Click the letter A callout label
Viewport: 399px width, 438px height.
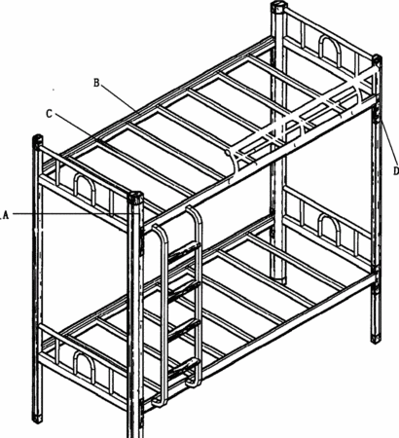(x=6, y=215)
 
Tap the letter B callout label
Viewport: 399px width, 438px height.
(x=96, y=83)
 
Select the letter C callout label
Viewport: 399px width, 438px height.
(x=49, y=114)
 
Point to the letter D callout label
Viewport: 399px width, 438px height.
(x=396, y=170)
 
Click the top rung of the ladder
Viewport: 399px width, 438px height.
(x=183, y=250)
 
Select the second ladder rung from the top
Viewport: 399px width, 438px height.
(x=184, y=288)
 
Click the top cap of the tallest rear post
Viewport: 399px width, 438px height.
(x=279, y=7)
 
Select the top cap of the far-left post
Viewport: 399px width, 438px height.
(x=38, y=140)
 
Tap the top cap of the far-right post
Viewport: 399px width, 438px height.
(x=377, y=60)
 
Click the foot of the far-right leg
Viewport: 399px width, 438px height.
(x=377, y=338)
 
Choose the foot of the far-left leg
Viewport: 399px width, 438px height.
(x=37, y=418)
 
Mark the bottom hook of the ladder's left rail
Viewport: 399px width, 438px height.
(x=159, y=402)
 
